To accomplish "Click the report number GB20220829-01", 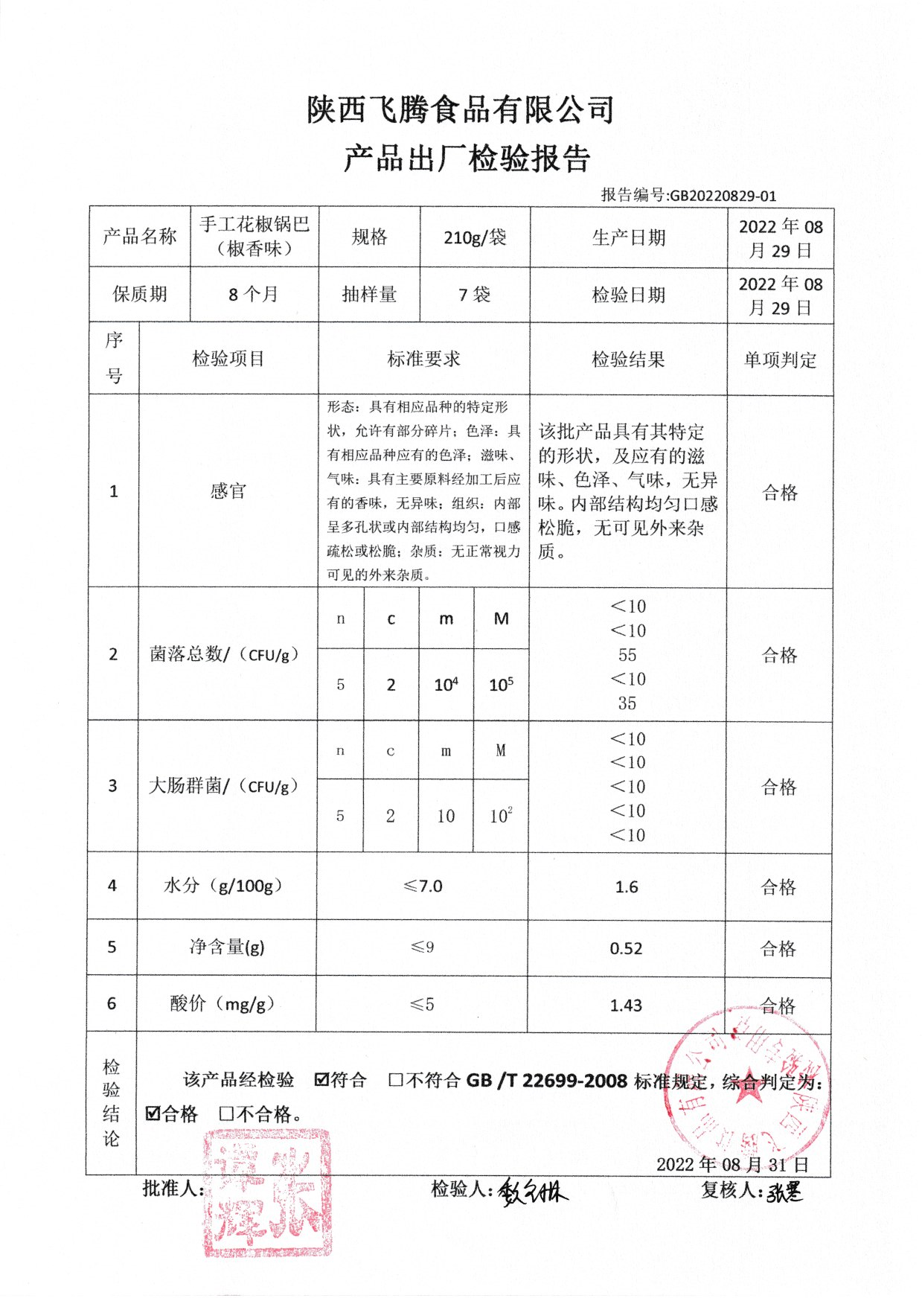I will (723, 196).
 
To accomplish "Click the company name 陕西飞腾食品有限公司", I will (461, 110).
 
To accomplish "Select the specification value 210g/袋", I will (475, 237).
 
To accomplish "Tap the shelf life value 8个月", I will (253, 295).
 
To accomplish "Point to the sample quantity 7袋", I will (475, 295).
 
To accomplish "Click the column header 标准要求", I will (423, 359).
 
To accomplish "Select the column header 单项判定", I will (779, 360).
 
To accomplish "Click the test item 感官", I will (228, 491).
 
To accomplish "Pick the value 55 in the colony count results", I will (627, 655).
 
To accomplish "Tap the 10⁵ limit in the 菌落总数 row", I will (501, 685).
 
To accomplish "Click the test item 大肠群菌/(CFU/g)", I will (223, 786).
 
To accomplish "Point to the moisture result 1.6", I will (627, 886).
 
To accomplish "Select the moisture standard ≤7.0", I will (423, 886).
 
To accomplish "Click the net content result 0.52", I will (626, 948).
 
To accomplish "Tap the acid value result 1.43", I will (626, 1006).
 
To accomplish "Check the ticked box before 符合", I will (321, 1079).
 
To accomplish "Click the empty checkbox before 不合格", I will (227, 1114).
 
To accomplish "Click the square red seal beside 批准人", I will (268, 1192).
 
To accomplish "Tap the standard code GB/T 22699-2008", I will (547, 1080).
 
